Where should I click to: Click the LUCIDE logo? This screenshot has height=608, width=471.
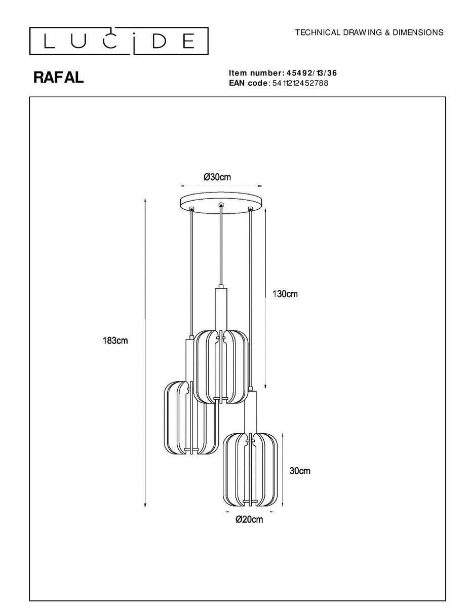tap(119, 41)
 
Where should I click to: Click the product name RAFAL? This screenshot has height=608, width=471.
tap(58, 78)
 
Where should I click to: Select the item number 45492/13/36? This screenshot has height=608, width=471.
tap(311, 73)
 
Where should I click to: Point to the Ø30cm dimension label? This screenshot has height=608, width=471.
tap(217, 177)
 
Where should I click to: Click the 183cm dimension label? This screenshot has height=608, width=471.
tap(115, 340)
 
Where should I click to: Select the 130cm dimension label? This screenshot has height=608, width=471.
tap(285, 294)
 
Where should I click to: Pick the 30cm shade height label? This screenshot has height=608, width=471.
tap(300, 471)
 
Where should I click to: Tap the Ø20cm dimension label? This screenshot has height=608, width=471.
tap(249, 519)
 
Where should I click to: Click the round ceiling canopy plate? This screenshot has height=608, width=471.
tap(221, 203)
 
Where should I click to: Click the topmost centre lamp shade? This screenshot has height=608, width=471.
tap(221, 367)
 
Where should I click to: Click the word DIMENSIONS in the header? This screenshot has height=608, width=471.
tap(418, 32)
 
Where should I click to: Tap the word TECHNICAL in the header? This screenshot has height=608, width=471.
tap(318, 32)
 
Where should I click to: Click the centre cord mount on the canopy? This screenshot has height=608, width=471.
tap(221, 205)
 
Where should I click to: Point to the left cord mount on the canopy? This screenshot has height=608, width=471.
tap(191, 208)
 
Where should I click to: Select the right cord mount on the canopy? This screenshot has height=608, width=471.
tap(250, 208)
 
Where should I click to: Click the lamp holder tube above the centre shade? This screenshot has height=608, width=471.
tap(221, 309)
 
